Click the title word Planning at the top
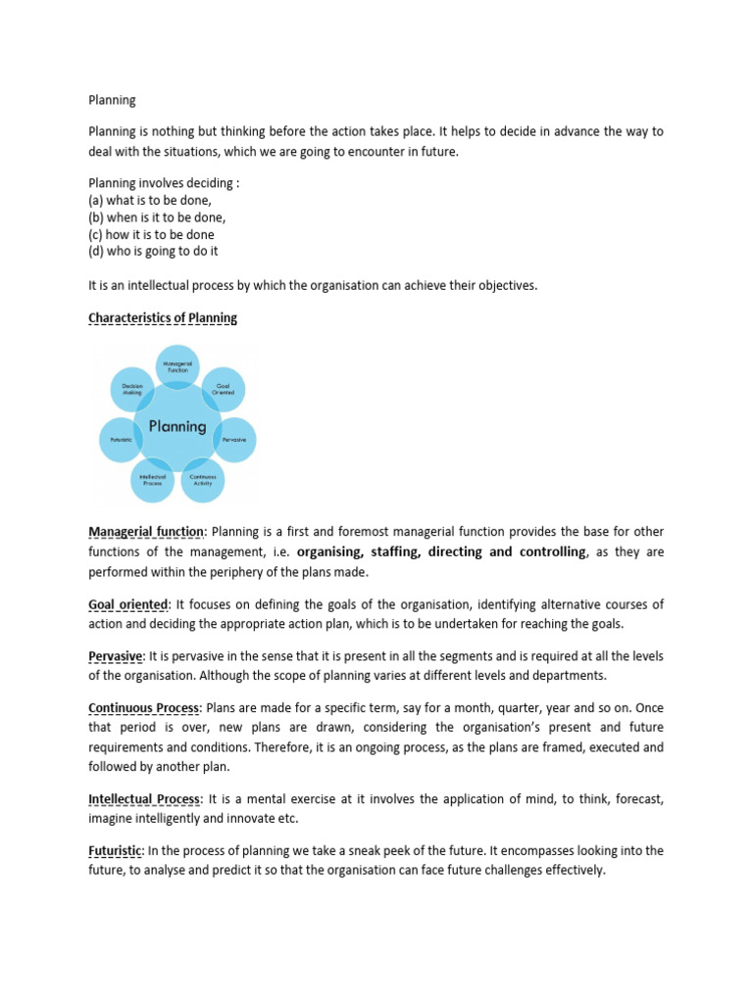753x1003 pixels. point(113,100)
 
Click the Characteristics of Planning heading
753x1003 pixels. point(163,318)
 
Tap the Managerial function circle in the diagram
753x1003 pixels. point(178,366)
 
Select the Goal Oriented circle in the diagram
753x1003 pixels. point(226,389)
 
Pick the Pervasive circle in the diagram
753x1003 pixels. point(235,440)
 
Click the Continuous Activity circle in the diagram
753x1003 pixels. point(202,479)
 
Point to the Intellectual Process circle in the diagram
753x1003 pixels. point(152,479)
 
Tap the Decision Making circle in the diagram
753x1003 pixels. point(132,389)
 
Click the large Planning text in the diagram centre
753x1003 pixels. point(177,426)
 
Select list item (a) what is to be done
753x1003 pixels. point(150,200)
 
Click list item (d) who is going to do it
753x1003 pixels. point(153,251)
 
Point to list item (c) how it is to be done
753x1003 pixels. point(151,234)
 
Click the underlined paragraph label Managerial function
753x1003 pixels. point(146,532)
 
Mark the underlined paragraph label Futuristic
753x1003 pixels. point(116,849)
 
